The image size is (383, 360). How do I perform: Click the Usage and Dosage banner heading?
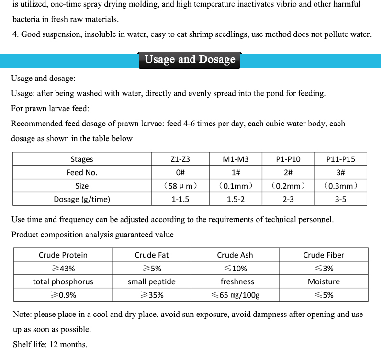tap(190, 60)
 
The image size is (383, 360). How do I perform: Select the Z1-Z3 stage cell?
tap(180, 159)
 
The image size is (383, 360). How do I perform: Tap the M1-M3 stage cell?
tap(236, 159)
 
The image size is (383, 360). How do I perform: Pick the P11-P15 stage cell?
tap(340, 159)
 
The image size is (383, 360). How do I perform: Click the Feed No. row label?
tap(82, 172)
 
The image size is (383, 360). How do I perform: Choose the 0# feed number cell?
tap(180, 172)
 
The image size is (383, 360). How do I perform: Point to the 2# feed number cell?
tap(288, 172)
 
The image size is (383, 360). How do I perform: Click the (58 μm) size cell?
tap(180, 186)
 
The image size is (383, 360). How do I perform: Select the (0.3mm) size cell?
tap(340, 186)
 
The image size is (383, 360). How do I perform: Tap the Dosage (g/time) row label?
tap(82, 199)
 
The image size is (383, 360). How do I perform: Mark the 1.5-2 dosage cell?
tap(236, 199)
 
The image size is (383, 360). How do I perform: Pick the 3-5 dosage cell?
tap(340, 199)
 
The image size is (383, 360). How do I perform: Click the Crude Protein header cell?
tap(63, 255)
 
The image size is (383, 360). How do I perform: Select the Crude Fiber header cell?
tap(324, 255)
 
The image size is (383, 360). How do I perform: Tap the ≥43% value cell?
tap(63, 269)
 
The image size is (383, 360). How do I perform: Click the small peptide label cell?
tap(151, 281)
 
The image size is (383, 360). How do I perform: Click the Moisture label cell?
tap(324, 281)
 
